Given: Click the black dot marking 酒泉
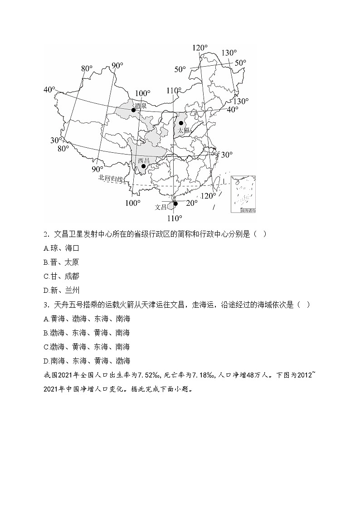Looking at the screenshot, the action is click(x=133, y=110).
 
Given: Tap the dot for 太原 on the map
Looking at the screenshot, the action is click(x=181, y=123).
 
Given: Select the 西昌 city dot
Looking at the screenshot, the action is click(x=143, y=166).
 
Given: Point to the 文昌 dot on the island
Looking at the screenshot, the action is click(x=175, y=204).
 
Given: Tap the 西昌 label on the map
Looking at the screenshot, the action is click(x=143, y=160).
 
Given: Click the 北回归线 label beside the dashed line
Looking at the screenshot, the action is click(x=111, y=179).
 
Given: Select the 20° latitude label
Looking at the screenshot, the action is click(x=191, y=203).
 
